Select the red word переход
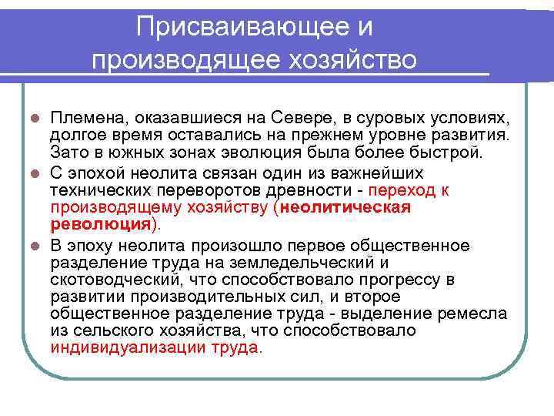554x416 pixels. point(400,189)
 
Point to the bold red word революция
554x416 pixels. point(100,224)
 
